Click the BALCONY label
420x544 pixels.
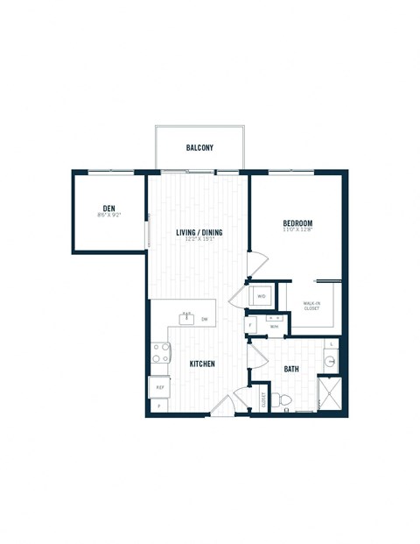pyautogui.click(x=199, y=148)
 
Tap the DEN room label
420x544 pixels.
pyautogui.click(x=108, y=207)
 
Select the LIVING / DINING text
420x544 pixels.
pyautogui.click(x=199, y=232)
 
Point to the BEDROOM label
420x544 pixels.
pyautogui.click(x=297, y=224)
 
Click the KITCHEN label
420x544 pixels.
pyautogui.click(x=202, y=364)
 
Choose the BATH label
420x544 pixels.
pyautogui.click(x=291, y=369)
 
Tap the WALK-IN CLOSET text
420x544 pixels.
pyautogui.click(x=311, y=306)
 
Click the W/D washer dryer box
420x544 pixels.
pyautogui.click(x=262, y=296)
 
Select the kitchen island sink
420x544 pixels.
pyautogui.click(x=186, y=318)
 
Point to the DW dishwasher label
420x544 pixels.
pyautogui.click(x=204, y=320)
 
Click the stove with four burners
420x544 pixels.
pyautogui.click(x=161, y=353)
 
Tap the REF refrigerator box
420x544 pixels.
pyautogui.click(x=160, y=385)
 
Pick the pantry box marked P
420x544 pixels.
pyautogui.click(x=159, y=406)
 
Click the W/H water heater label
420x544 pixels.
pyautogui.click(x=273, y=327)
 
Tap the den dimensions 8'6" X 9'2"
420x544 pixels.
pyautogui.click(x=108, y=215)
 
